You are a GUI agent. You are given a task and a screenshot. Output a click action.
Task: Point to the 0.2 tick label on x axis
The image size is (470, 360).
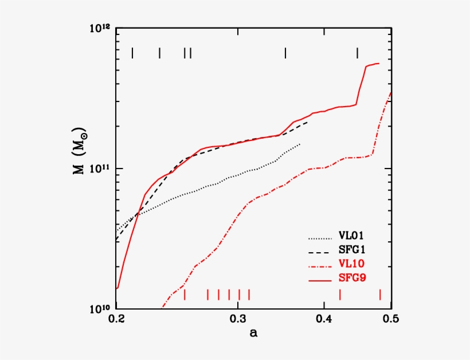click(116, 318)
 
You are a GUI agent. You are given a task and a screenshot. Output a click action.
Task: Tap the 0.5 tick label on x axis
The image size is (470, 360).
click(391, 318)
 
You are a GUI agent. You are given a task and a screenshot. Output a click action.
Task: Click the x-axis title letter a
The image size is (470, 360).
click(253, 333)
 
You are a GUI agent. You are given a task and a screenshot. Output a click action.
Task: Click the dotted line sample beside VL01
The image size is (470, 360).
click(320, 236)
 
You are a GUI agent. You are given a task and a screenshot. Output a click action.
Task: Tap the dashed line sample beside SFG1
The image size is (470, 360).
click(320, 251)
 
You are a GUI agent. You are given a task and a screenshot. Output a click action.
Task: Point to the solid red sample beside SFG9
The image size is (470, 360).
click(320, 279)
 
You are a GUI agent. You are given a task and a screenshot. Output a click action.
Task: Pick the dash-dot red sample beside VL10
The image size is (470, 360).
click(320, 265)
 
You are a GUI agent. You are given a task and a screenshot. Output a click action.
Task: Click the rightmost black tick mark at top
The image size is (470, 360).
click(357, 53)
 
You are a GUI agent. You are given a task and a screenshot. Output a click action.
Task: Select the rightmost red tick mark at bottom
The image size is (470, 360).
click(380, 295)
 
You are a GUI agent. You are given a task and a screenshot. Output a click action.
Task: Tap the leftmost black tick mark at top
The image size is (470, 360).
click(132, 53)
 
